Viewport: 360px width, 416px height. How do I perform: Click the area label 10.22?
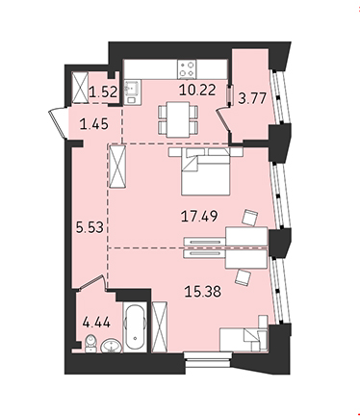197,91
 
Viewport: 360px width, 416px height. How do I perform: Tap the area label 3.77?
252,98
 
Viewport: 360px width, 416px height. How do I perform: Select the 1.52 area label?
103,92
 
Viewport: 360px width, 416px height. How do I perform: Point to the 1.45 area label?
94,124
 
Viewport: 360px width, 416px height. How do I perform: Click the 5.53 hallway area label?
90,227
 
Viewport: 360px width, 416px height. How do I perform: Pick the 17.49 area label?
199,217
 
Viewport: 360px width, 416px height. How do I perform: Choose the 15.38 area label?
203,292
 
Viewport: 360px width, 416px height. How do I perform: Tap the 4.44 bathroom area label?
96,322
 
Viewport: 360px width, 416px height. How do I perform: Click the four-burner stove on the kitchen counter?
187,69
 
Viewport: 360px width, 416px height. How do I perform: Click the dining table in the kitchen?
178,119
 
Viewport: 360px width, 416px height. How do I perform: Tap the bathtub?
135,326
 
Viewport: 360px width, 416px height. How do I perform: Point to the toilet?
90,344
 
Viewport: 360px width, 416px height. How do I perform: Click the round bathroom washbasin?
111,346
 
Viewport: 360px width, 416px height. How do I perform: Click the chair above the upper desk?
250,218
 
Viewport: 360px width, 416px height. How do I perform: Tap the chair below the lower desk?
244,277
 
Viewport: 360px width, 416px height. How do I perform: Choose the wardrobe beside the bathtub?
160,326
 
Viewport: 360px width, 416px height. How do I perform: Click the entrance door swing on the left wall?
58,124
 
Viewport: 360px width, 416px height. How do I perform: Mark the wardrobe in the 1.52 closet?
80,87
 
